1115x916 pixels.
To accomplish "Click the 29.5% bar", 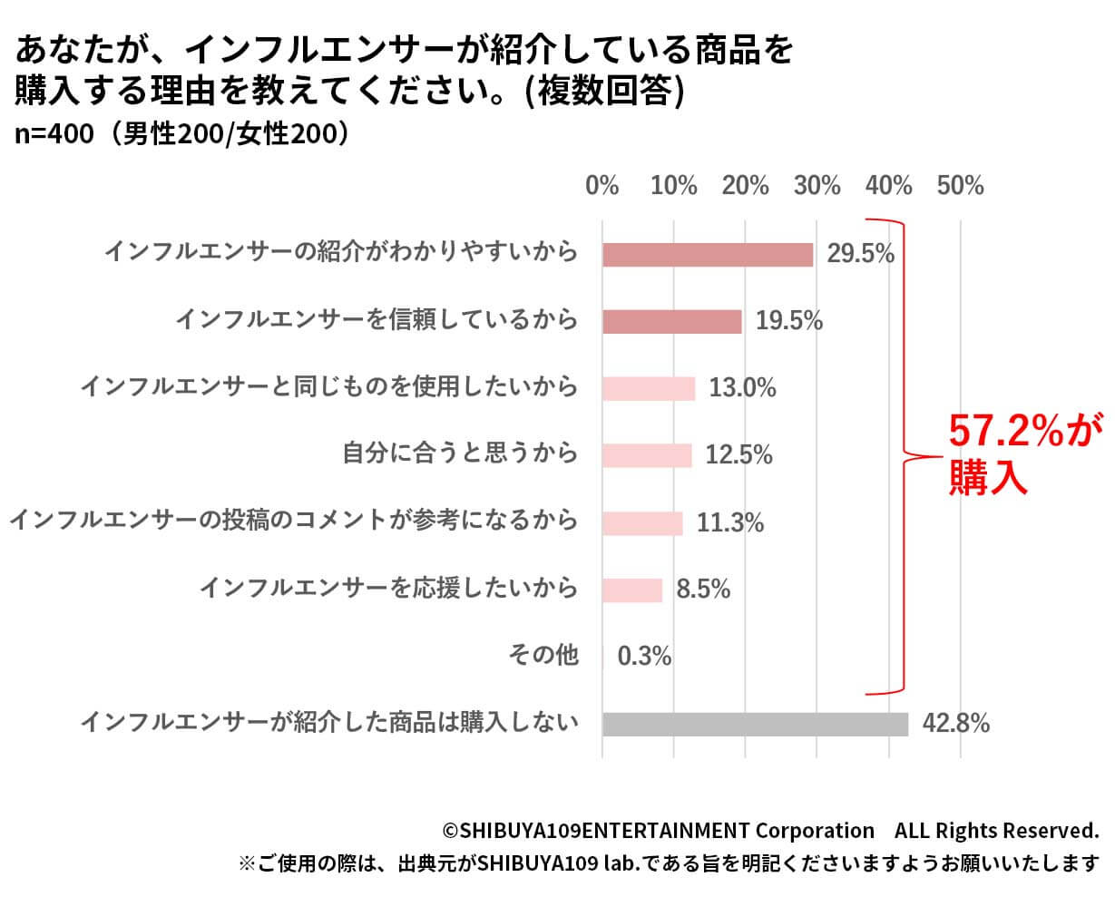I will coord(708,255).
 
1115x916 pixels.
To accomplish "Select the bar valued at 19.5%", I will coord(672,321).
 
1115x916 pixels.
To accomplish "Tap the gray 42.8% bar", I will coord(755,724).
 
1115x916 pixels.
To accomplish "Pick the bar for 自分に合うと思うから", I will coord(647,455).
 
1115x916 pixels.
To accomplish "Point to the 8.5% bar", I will coord(632,590).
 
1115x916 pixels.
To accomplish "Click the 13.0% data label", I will coord(742,388).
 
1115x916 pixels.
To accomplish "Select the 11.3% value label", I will coord(729,522).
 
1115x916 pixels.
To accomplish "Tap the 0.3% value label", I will coord(644,656).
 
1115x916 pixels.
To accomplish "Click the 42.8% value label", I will coord(955,724).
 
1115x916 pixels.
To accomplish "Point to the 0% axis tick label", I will coord(602,186).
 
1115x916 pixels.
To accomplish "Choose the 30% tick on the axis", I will coord(817,186).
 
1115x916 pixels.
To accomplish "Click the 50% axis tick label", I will coord(960,186).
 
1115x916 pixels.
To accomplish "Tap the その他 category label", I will coord(543,654).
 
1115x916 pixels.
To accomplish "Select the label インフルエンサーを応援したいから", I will coord(388,588).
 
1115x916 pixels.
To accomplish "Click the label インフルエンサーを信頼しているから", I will coord(377,319).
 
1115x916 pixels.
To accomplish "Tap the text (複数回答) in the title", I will coord(603,90).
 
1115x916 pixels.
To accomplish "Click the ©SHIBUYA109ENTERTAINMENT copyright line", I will coord(770,830).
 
